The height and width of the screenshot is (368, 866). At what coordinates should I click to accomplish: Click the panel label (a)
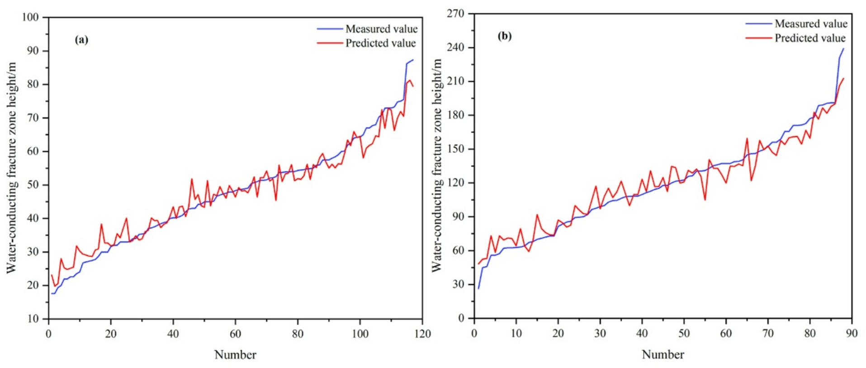point(81,40)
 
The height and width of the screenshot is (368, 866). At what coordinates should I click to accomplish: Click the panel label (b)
point(504,36)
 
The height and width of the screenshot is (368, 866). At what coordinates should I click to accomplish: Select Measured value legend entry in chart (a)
point(381,29)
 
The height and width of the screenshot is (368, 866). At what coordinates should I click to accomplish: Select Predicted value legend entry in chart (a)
point(380,43)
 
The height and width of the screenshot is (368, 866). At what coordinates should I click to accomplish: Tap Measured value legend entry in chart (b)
point(810,24)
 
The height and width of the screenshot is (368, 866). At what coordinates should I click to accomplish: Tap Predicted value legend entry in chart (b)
point(809,38)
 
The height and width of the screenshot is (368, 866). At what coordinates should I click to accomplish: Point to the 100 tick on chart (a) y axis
point(31,18)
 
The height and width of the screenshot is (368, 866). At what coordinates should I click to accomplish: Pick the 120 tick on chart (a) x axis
point(422,334)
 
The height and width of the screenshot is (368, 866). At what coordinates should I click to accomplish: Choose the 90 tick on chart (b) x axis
point(852,334)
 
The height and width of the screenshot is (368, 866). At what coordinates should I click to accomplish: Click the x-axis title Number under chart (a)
point(235,355)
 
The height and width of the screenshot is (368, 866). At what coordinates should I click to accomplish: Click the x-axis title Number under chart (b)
point(663,354)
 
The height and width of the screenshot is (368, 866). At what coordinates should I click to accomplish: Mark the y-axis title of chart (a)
point(11,167)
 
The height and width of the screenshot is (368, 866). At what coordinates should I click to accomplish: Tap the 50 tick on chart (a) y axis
point(33,185)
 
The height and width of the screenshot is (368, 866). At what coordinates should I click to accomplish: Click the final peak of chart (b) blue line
point(843,48)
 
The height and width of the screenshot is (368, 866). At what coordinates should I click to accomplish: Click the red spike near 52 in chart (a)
point(191,179)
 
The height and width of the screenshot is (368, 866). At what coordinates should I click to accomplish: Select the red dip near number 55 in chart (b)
point(705,200)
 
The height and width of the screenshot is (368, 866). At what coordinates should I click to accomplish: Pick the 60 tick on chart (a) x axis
point(235,334)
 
